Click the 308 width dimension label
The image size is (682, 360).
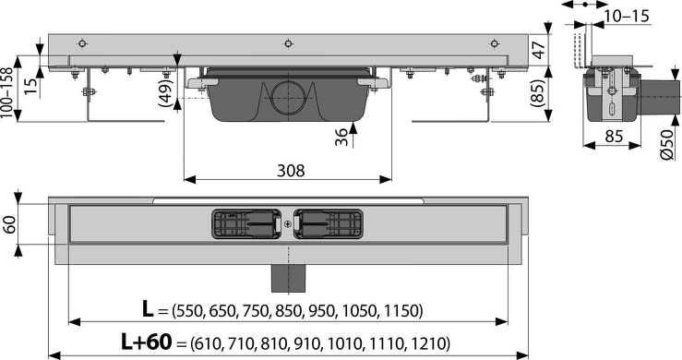[x=291, y=170]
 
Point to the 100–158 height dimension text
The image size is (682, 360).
[x=6, y=93]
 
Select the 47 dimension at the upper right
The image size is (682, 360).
[x=538, y=50]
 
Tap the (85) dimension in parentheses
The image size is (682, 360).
[x=538, y=92]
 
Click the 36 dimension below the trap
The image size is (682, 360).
[x=341, y=137]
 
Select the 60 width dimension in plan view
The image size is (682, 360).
[x=9, y=223]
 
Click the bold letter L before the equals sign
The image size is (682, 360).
[x=148, y=309]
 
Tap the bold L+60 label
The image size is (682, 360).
[x=146, y=342]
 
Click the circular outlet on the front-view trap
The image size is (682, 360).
[x=288, y=97]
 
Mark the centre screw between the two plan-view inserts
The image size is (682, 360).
[x=288, y=224]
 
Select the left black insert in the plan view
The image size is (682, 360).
[x=246, y=223]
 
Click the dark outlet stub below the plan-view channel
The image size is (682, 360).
[x=288, y=278]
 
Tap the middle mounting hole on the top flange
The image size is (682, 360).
[x=288, y=43]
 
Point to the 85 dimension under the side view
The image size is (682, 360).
[x=614, y=137]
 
